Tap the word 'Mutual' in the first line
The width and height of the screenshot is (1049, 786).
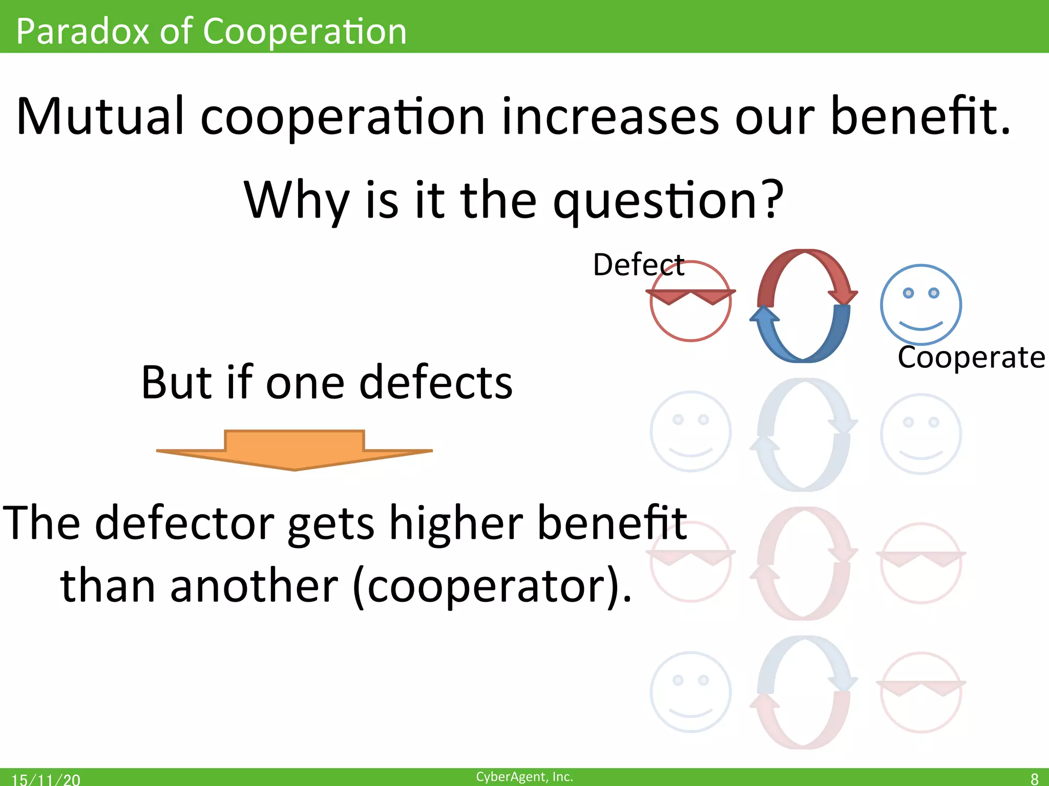pyautogui.click(x=100, y=117)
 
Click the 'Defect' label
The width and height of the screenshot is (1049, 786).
pyautogui.click(x=638, y=265)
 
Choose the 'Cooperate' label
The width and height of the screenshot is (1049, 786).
pyautogui.click(x=971, y=357)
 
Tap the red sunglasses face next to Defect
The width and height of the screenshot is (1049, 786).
pyautogui.click(x=690, y=302)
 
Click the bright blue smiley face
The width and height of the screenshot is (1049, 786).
pyautogui.click(x=920, y=304)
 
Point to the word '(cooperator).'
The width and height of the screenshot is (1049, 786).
pyautogui.click(x=492, y=586)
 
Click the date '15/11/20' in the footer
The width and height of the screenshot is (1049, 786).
pyautogui.click(x=46, y=779)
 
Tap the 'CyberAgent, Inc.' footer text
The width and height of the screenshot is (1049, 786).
pyautogui.click(x=524, y=776)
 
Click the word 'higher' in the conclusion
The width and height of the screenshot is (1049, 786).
pyautogui.click(x=456, y=523)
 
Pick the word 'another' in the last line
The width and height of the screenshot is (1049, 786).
pyautogui.click(x=254, y=586)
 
